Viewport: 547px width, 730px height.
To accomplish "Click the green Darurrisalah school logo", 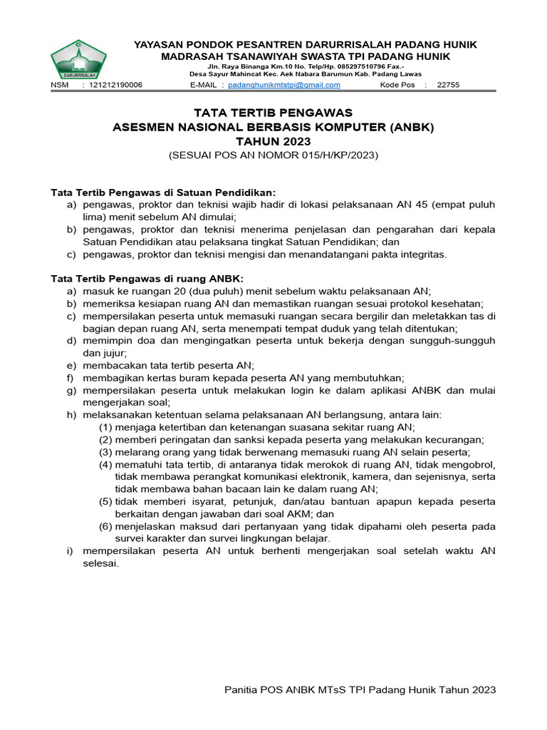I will pyautogui.click(x=78, y=60).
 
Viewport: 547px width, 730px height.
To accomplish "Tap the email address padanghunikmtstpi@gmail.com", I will pyautogui.click(x=284, y=85).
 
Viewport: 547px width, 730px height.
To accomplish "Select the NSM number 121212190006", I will pyautogui.click(x=116, y=85).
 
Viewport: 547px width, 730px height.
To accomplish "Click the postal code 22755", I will pyautogui.click(x=448, y=85).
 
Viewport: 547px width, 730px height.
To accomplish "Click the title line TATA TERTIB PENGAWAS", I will pyautogui.click(x=273, y=113).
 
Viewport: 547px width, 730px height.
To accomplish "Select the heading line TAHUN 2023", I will pyautogui.click(x=273, y=141).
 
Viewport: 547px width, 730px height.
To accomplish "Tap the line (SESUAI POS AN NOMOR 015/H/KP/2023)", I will pyautogui.click(x=273, y=155).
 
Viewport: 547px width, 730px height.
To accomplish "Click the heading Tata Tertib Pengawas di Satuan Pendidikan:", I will pyautogui.click(x=163, y=192).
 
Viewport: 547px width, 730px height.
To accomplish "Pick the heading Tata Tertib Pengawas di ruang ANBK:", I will pyautogui.click(x=147, y=278).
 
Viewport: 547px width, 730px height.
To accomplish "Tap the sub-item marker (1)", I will pyautogui.click(x=105, y=427).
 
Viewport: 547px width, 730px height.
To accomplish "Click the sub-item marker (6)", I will pyautogui.click(x=105, y=526).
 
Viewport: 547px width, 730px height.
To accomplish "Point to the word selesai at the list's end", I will pyautogui.click(x=100, y=563).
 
